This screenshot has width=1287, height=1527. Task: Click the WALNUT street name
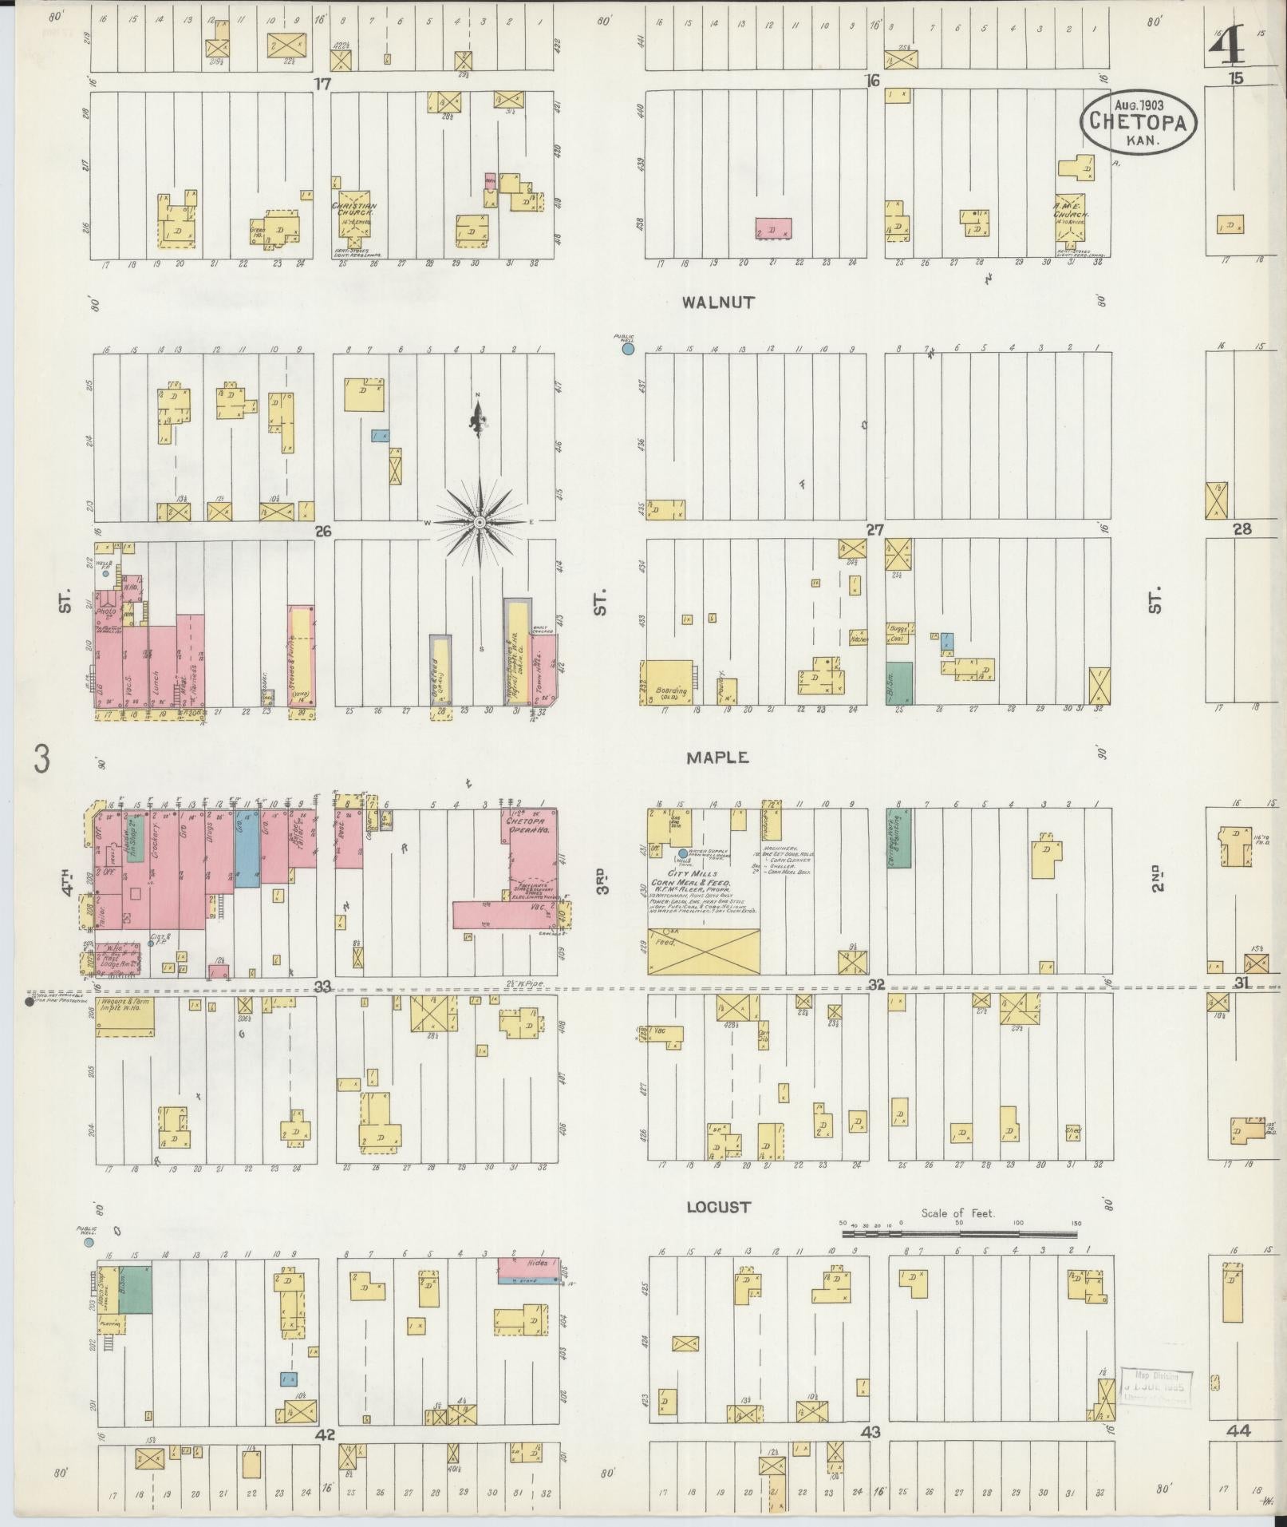click(x=717, y=303)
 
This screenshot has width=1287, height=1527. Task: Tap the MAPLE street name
click(x=718, y=758)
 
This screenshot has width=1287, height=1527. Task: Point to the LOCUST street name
click(x=718, y=1207)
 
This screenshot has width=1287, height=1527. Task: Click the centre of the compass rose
click(x=480, y=522)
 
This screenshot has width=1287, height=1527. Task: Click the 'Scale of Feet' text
click(x=957, y=1213)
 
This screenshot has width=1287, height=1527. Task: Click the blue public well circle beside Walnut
click(x=628, y=348)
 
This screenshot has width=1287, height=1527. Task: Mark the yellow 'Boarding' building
click(x=668, y=682)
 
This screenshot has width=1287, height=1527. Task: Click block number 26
click(x=322, y=531)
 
